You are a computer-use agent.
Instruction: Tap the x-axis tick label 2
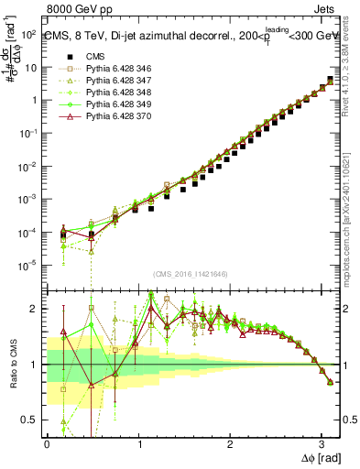coord(230,444)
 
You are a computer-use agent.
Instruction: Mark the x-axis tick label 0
coord(47,444)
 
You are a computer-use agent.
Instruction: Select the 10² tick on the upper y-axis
coord(29,35)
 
